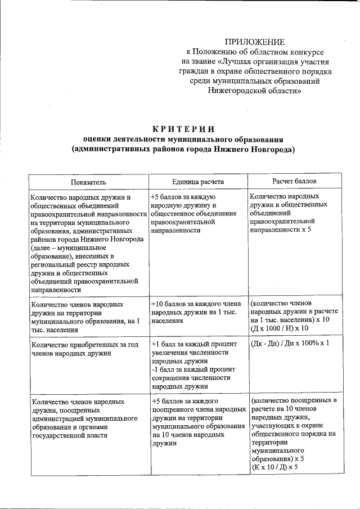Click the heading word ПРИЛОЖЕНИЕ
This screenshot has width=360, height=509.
255,42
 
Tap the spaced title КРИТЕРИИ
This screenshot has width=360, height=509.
182,129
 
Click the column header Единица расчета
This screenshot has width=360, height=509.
198,182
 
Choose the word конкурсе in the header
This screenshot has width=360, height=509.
307,52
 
